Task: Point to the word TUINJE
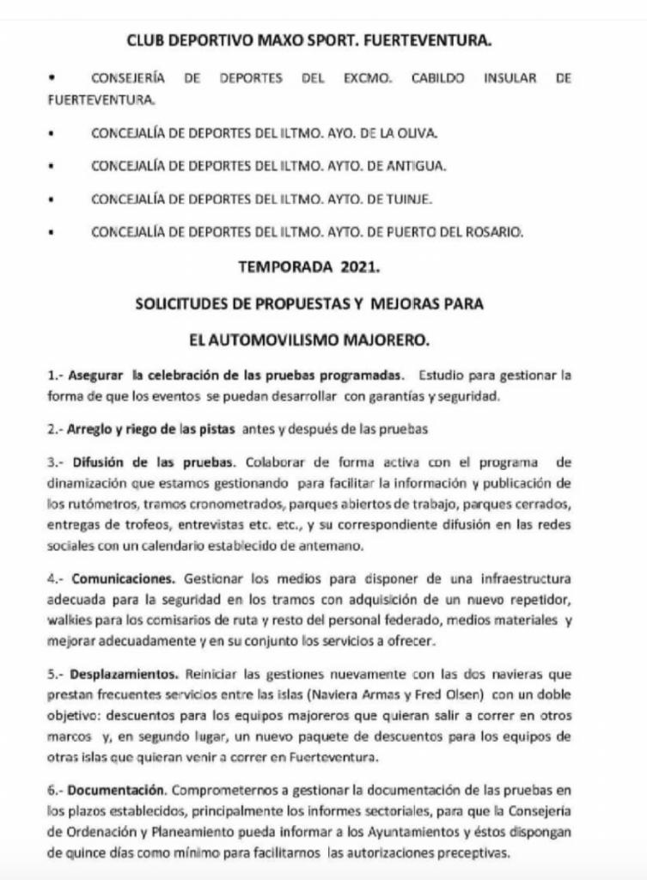pos(409,199)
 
